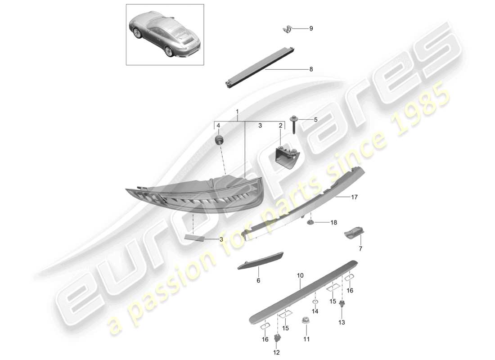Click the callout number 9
click(310, 29)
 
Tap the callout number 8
click(310, 69)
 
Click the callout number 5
click(315, 120)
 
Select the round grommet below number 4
click(219, 139)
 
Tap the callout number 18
click(333, 223)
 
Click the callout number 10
click(301, 275)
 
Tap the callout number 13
click(341, 322)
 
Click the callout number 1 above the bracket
click(238, 111)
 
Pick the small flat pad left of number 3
click(194, 237)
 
